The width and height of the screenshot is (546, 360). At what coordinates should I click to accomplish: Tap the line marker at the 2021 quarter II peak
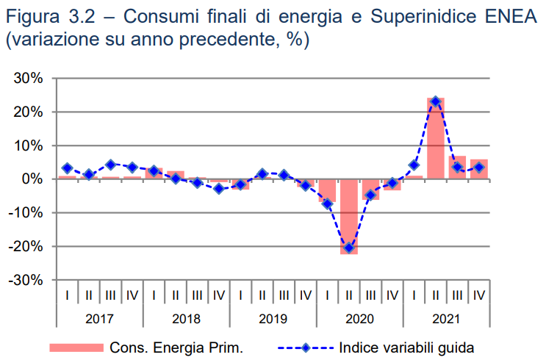point(436,101)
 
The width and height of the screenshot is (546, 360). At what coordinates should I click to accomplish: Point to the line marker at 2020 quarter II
point(349,248)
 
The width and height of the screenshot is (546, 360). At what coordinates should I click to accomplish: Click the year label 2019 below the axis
point(273,319)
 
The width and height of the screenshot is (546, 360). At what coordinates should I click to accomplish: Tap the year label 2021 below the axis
point(446,319)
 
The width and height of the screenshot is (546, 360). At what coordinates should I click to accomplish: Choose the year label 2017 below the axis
point(99,319)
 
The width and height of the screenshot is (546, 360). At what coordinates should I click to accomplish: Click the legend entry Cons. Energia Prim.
point(176,347)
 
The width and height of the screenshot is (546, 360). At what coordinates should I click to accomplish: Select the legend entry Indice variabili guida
point(406,347)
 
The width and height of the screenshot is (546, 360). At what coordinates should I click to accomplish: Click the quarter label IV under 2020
point(392,295)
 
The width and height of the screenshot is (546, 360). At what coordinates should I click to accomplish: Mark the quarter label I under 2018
point(154,295)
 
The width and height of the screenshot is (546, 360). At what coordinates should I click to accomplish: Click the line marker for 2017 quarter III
point(110,165)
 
